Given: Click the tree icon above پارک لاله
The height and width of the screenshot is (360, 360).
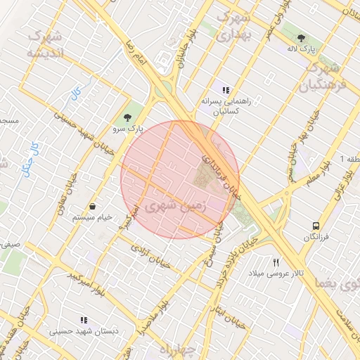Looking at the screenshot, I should pyautogui.click(x=302, y=38).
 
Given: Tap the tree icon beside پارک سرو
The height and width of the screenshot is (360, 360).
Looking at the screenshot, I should pyautogui.click(x=127, y=117).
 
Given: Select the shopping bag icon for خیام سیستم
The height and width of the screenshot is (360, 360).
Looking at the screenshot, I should pyautogui.click(x=94, y=206).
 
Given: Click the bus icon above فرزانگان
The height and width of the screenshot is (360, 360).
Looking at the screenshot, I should pyautogui.click(x=316, y=226).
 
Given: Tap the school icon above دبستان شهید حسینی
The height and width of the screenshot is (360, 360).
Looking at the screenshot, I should pyautogui.click(x=84, y=320).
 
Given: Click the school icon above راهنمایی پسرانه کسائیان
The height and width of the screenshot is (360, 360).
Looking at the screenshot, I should pyautogui.click(x=226, y=90).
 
